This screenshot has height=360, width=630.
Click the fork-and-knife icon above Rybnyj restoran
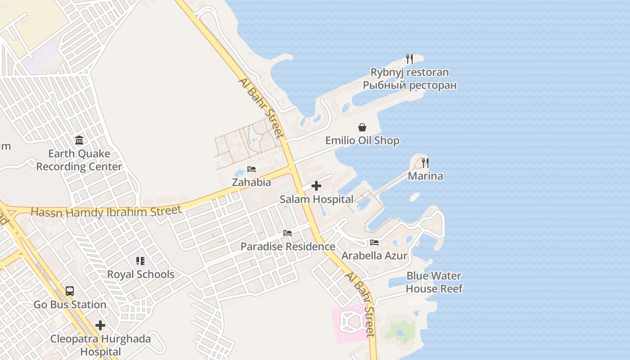409,59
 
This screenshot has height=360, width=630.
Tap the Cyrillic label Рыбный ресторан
409,85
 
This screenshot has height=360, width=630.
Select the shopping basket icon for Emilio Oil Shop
362,128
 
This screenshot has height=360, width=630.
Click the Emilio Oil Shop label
362,141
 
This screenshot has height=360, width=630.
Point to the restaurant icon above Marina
425,163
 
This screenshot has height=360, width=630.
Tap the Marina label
425,176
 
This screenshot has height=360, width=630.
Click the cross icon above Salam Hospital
316,186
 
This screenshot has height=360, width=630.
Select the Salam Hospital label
316,199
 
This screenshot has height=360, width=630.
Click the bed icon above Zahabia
252,169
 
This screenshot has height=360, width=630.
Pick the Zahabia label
252,182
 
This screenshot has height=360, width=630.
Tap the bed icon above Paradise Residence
288,233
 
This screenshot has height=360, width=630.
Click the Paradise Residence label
288,247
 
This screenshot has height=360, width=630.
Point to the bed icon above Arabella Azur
374,243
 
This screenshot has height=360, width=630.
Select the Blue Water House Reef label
434,282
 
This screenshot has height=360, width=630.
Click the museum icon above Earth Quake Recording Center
79,140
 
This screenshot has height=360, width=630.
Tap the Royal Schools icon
140,261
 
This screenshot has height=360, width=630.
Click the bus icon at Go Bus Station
70,291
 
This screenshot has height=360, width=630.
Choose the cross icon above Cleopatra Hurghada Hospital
100,325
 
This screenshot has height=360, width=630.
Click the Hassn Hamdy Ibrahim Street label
106,211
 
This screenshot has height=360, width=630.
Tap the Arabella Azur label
374,256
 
